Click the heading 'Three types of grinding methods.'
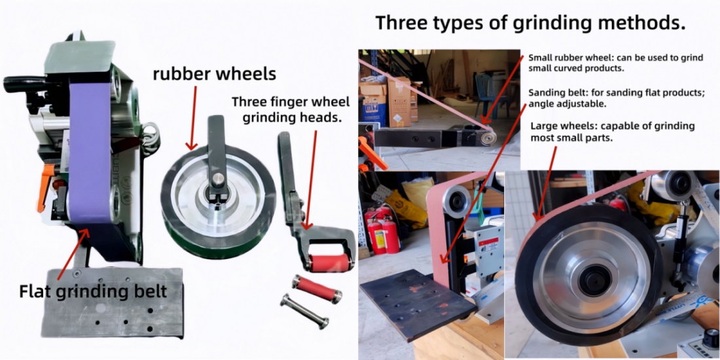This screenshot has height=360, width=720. coord(530,24)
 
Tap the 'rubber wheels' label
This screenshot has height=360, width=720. coord(214,73)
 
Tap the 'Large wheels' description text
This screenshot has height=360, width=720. coord(612,132)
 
